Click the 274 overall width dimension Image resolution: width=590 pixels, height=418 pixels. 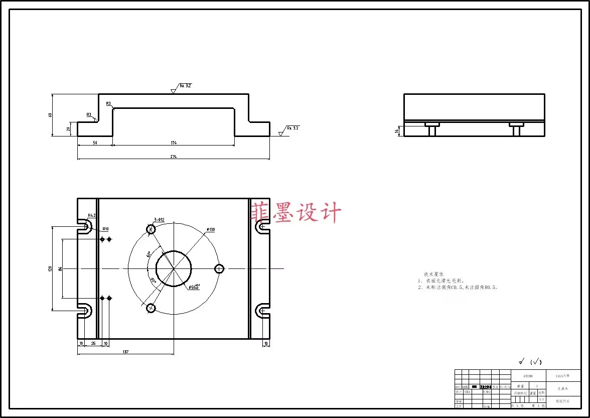pyautogui.click(x=174, y=157)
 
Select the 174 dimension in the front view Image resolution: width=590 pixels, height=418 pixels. pyautogui.click(x=174, y=143)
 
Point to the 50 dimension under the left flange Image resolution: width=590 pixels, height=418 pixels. pyautogui.click(x=95, y=143)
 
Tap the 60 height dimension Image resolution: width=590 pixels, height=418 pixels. pyautogui.click(x=50, y=115)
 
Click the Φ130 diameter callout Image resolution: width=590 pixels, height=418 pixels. pyautogui.click(x=210, y=230)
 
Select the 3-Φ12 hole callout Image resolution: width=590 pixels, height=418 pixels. pyautogui.click(x=159, y=220)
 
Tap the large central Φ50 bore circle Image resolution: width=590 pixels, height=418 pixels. pyautogui.click(x=174, y=268)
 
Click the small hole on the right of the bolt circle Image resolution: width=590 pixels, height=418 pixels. pyautogui.click(x=219, y=268)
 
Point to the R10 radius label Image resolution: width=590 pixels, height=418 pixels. pyautogui.click(x=105, y=229)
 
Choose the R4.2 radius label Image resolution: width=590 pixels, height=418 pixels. pyautogui.click(x=92, y=216)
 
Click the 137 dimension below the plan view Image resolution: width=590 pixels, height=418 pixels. pyautogui.click(x=125, y=352)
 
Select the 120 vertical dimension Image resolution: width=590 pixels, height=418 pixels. pyautogui.click(x=50, y=268)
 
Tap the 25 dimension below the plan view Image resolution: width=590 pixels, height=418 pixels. pyautogui.click(x=93, y=344)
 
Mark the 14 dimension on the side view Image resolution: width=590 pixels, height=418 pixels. pyautogui.click(x=396, y=131)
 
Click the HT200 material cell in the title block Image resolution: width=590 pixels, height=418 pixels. pyautogui.click(x=528, y=375)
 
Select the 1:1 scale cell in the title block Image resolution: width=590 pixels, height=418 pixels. pyautogui.click(x=541, y=399)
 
